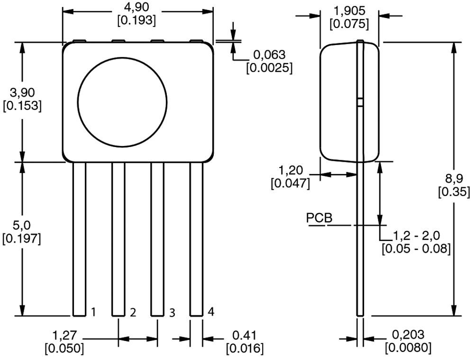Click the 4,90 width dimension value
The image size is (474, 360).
click(x=137, y=8)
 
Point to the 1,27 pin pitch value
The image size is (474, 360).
click(x=64, y=336)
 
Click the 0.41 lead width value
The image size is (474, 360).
click(x=244, y=335)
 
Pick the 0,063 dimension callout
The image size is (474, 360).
click(x=269, y=55)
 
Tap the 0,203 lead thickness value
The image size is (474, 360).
click(x=408, y=335)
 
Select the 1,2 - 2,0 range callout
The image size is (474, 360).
click(x=417, y=236)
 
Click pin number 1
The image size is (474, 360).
click(x=94, y=312)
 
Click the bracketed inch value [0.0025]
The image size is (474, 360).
click(x=269, y=67)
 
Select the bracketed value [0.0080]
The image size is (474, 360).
click(x=408, y=348)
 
